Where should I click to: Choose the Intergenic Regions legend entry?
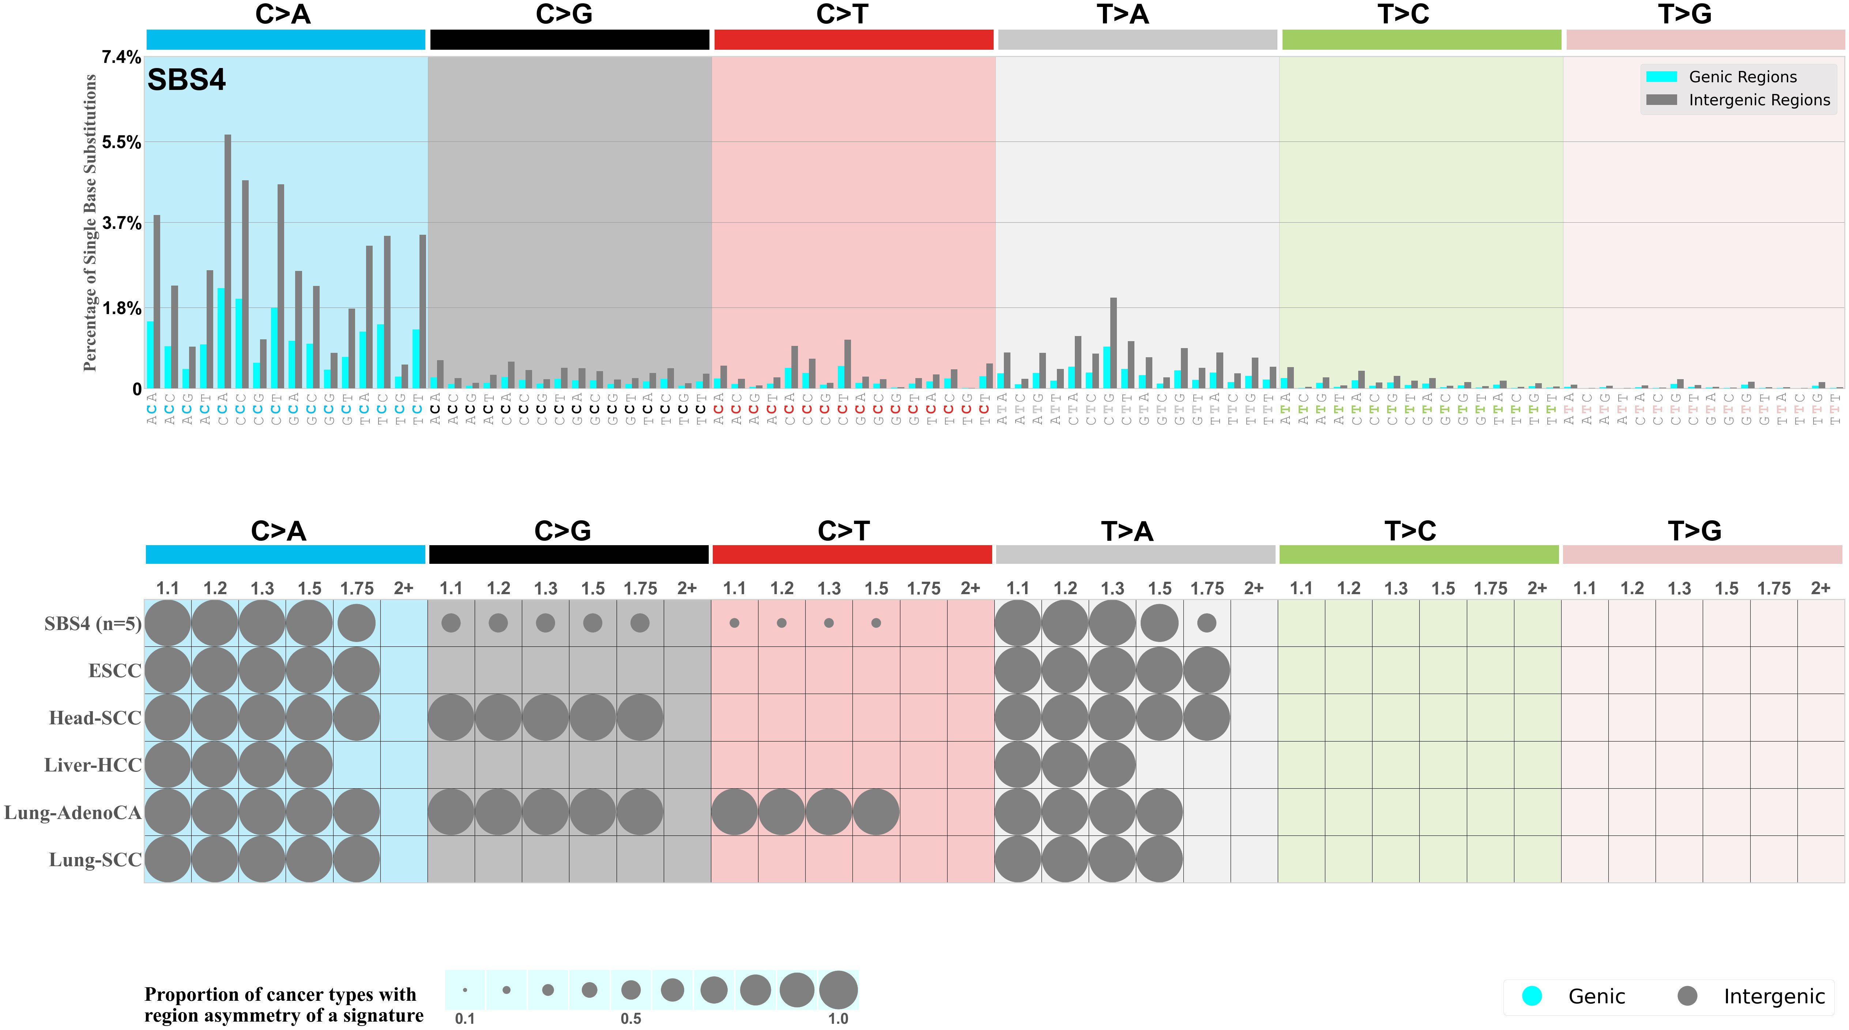pyautogui.click(x=1759, y=100)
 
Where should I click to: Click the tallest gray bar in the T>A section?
pyautogui.click(x=1113, y=343)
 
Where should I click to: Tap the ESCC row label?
pyautogui.click(x=115, y=671)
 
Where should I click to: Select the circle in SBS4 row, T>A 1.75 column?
pyautogui.click(x=1206, y=623)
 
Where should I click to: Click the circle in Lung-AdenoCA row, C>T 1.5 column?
pyautogui.click(x=876, y=812)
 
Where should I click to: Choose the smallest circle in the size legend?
pyautogui.click(x=465, y=991)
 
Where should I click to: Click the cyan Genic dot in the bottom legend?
pyautogui.click(x=1532, y=996)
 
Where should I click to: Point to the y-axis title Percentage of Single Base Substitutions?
pyautogui.click(x=90, y=223)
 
